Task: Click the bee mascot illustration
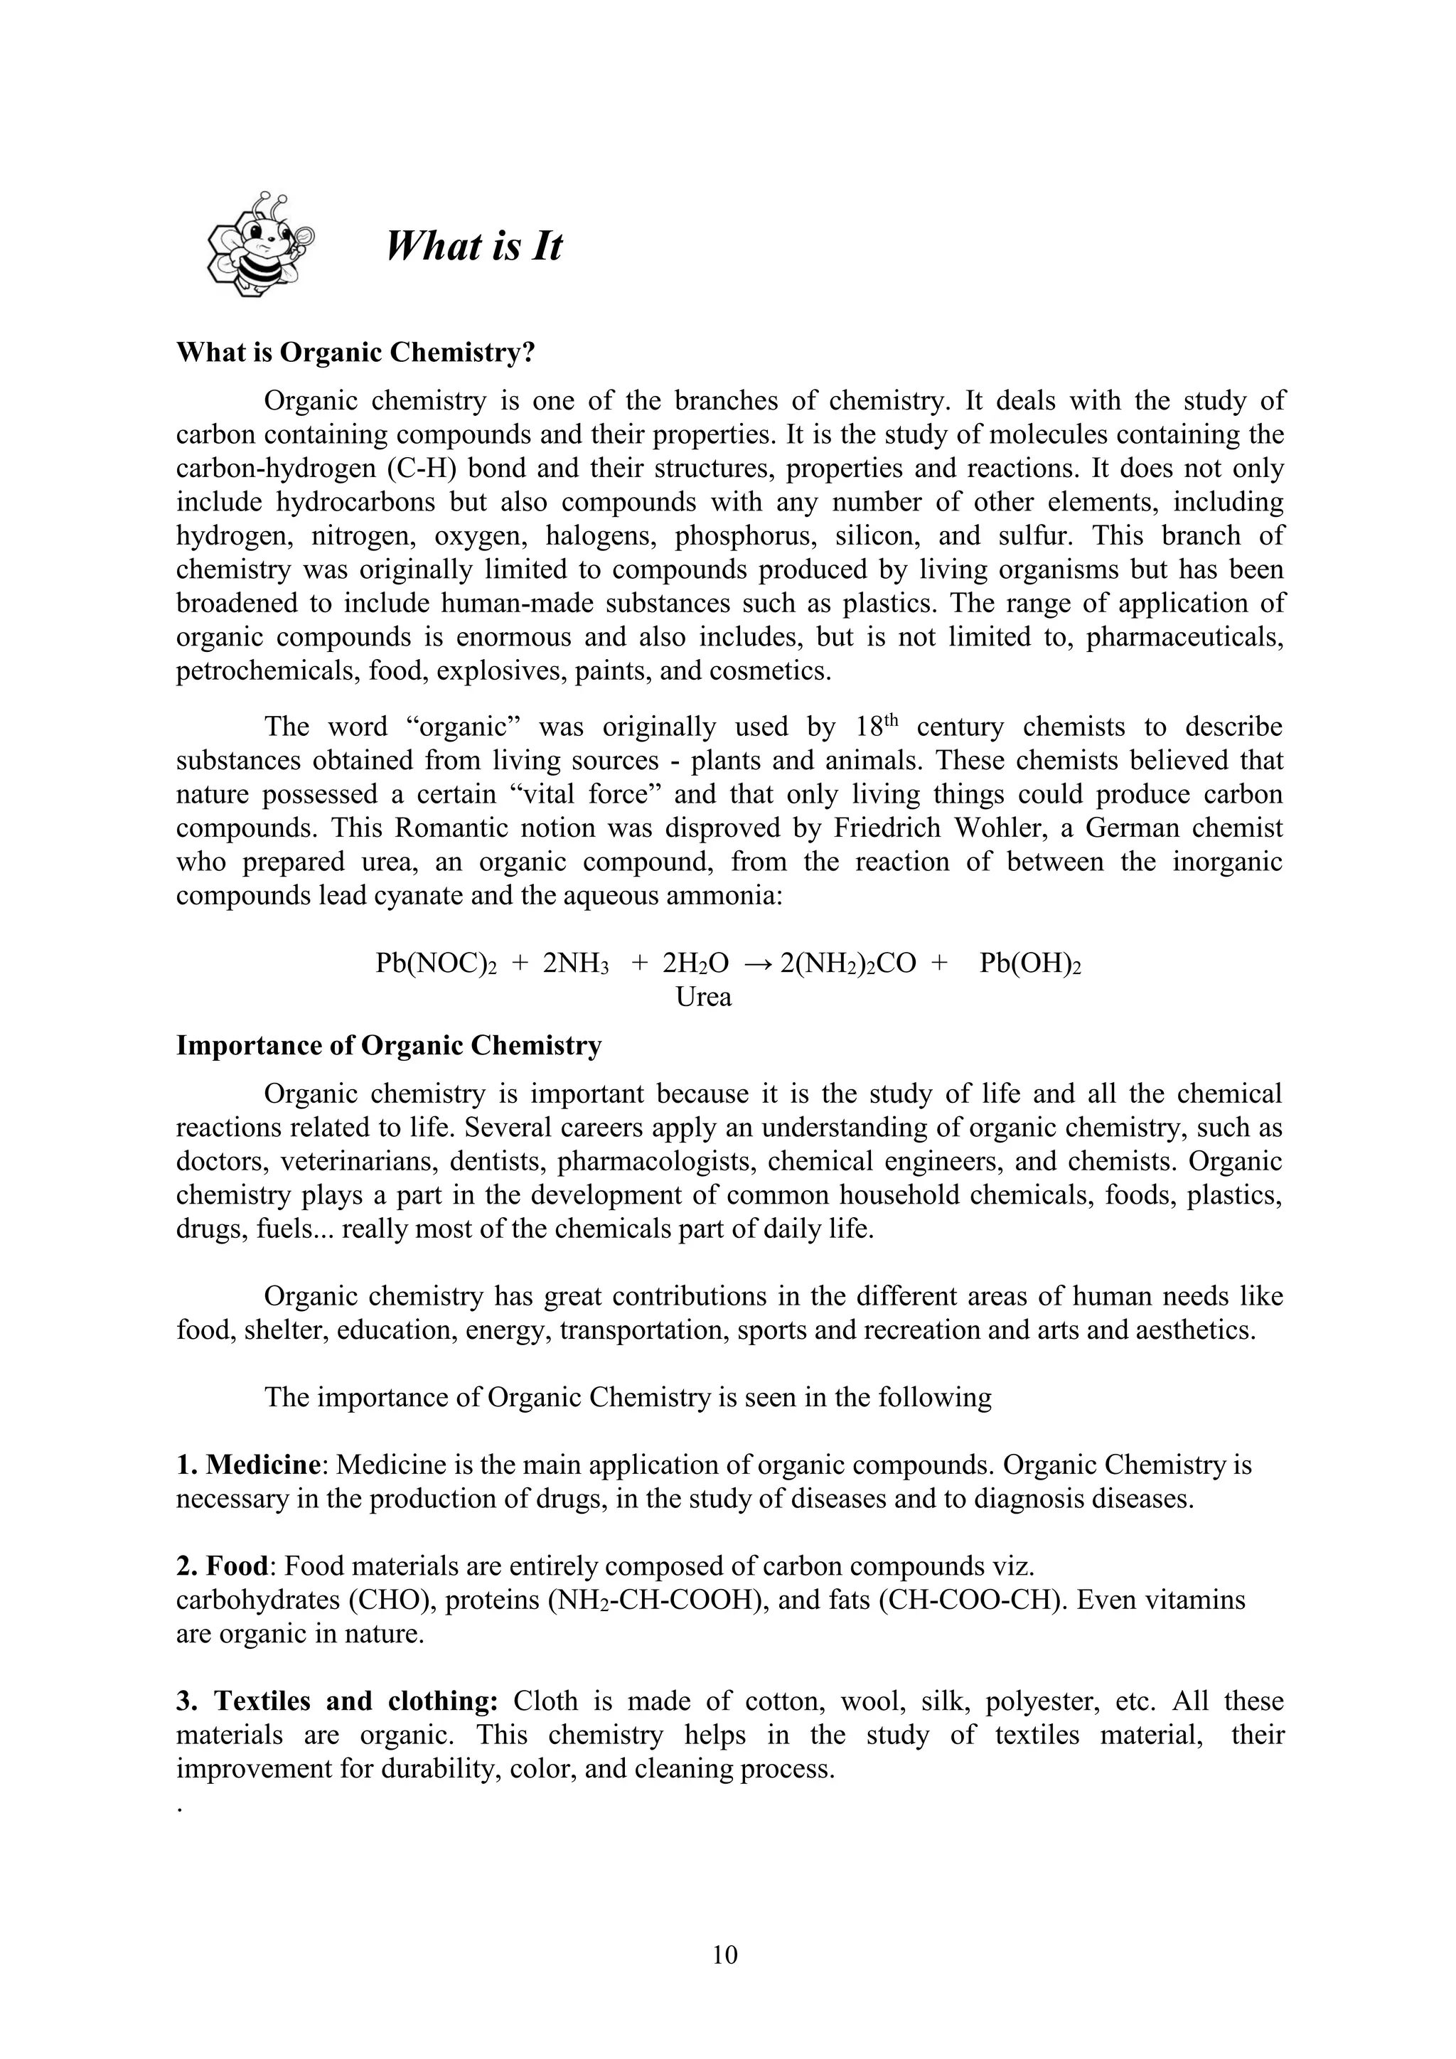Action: pyautogui.click(x=260, y=244)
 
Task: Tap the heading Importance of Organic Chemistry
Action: pyautogui.click(x=388, y=1046)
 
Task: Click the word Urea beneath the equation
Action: pyautogui.click(x=703, y=998)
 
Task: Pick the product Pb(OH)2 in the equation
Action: pyautogui.click(x=1030, y=964)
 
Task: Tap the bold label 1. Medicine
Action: pyautogui.click(x=248, y=1465)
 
